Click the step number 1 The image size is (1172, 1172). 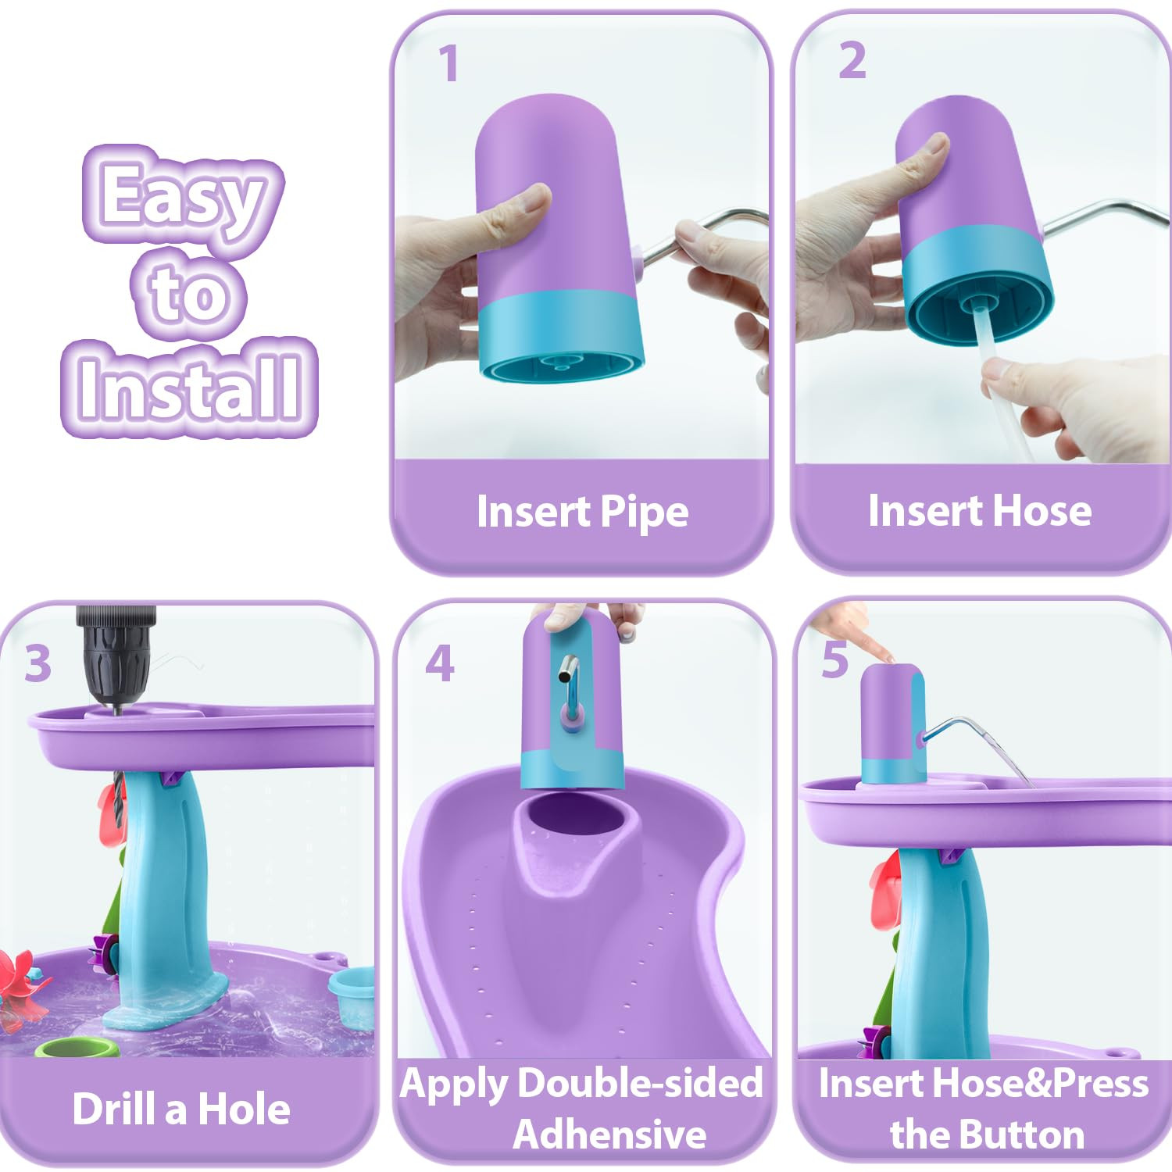click(x=448, y=63)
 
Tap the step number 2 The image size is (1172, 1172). click(x=852, y=60)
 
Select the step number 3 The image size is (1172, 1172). click(x=38, y=664)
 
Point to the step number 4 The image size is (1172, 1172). click(x=440, y=663)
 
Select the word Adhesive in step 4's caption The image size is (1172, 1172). click(x=609, y=1134)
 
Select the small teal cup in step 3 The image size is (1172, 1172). click(x=352, y=993)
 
